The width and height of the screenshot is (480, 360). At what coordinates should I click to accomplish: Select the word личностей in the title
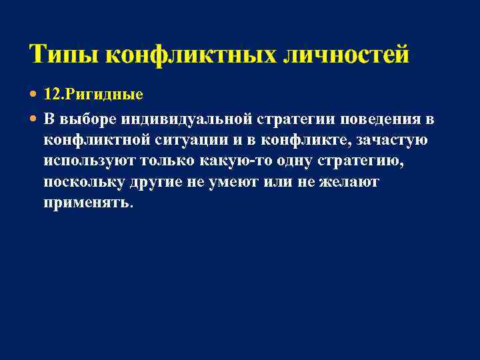346,54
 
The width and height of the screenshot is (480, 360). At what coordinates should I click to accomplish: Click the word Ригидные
103,94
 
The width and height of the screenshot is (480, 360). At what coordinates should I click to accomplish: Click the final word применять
87,202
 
